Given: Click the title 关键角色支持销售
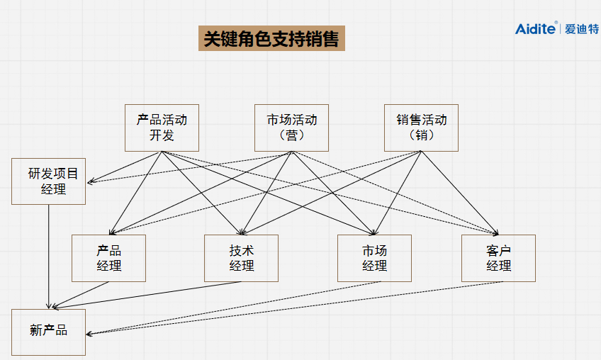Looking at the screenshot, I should (x=271, y=39).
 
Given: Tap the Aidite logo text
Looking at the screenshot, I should (x=536, y=28).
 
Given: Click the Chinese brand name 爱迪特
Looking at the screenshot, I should (x=582, y=29).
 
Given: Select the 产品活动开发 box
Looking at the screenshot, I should (x=162, y=128).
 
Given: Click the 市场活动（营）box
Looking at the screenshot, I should (x=291, y=128).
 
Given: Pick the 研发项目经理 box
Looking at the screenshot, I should (x=49, y=181).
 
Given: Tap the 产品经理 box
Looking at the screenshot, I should (x=108, y=258).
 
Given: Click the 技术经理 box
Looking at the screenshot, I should (x=241, y=258).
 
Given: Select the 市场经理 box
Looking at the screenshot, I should (x=374, y=258).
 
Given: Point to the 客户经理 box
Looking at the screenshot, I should (x=498, y=258).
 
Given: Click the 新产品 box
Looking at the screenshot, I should (x=49, y=332).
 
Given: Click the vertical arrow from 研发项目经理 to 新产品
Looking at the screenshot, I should (x=49, y=255).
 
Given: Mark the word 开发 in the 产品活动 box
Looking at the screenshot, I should (x=162, y=135).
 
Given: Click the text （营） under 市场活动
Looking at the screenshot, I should (x=291, y=135).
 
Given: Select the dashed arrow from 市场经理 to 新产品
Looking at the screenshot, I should (x=227, y=307).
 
